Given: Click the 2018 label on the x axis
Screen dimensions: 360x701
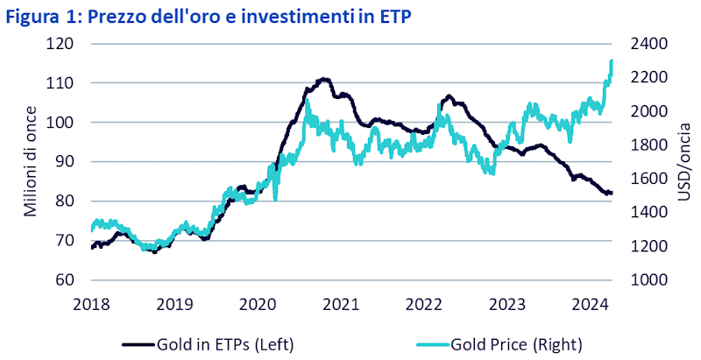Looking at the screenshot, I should [91, 305].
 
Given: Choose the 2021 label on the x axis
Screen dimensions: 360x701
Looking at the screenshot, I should [340, 305].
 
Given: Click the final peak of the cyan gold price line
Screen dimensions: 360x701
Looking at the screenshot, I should [611, 60].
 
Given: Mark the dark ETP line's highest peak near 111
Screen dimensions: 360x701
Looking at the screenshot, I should [324, 80].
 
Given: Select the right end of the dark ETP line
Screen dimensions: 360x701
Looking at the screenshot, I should [612, 193].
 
